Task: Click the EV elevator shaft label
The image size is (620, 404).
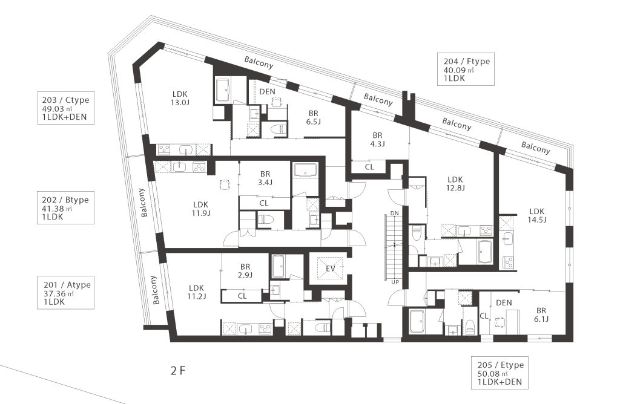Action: pyautogui.click(x=331, y=269)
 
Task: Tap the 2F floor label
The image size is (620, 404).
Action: pyautogui.click(x=178, y=371)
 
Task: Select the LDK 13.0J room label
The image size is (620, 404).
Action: pyautogui.click(x=180, y=99)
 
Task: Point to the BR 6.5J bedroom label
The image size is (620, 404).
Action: pyautogui.click(x=313, y=118)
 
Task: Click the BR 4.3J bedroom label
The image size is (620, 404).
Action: pyautogui.click(x=377, y=140)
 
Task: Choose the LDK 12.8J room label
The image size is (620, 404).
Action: pyautogui.click(x=455, y=184)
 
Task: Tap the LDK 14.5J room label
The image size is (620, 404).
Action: pyautogui.click(x=536, y=216)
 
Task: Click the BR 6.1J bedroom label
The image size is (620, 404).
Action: pyautogui.click(x=541, y=315)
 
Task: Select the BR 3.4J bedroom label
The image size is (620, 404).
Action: pyautogui.click(x=265, y=178)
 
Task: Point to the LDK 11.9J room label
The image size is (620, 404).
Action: pyautogui.click(x=201, y=209)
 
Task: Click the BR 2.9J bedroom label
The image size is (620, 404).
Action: pyautogui.click(x=245, y=271)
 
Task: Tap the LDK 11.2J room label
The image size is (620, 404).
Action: pyautogui.click(x=196, y=292)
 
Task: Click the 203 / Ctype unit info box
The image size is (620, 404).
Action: pyautogui.click(x=65, y=108)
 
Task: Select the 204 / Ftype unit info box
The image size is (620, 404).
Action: pyautogui.click(x=466, y=69)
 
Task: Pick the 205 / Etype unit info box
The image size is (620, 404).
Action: pyautogui.click(x=500, y=373)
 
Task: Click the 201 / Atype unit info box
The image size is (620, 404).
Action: pyautogui.click(x=65, y=293)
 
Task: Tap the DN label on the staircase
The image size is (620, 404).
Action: pyautogui.click(x=395, y=213)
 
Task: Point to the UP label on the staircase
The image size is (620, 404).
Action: pyautogui.click(x=395, y=282)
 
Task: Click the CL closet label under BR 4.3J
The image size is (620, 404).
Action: pyautogui.click(x=369, y=167)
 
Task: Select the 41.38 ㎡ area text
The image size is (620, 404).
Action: pyautogui.click(x=58, y=209)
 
